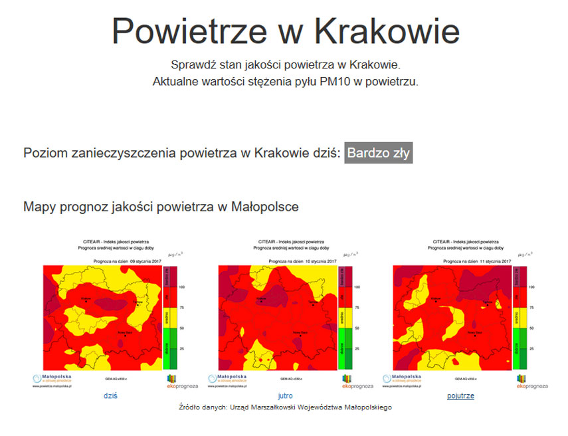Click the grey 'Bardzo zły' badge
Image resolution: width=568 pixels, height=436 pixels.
point(379,154)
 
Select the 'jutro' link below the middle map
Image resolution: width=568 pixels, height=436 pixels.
point(285,395)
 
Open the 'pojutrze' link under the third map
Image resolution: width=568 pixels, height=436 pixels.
point(460,395)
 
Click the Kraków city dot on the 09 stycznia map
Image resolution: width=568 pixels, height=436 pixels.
point(85,303)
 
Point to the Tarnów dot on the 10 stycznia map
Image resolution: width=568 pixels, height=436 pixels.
point(312,303)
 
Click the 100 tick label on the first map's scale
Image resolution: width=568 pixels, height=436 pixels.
point(181,286)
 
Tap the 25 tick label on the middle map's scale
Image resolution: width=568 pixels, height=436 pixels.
point(356,348)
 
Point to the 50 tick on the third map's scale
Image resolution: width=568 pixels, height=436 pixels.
point(531,328)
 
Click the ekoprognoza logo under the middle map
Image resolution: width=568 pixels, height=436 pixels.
point(357,381)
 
